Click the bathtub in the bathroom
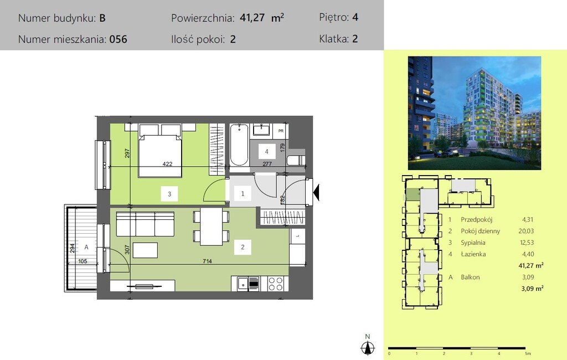pos(239,145)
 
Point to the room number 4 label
pos(266,151)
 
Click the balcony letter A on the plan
pos(86,248)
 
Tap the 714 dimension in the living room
pos(207,261)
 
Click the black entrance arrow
pos(317,193)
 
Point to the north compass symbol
pos(367,346)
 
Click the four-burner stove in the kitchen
pos(276,283)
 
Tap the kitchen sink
pos(243,284)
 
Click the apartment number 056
pos(118,39)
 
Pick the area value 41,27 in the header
pos(252,18)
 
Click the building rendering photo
pos(475,112)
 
